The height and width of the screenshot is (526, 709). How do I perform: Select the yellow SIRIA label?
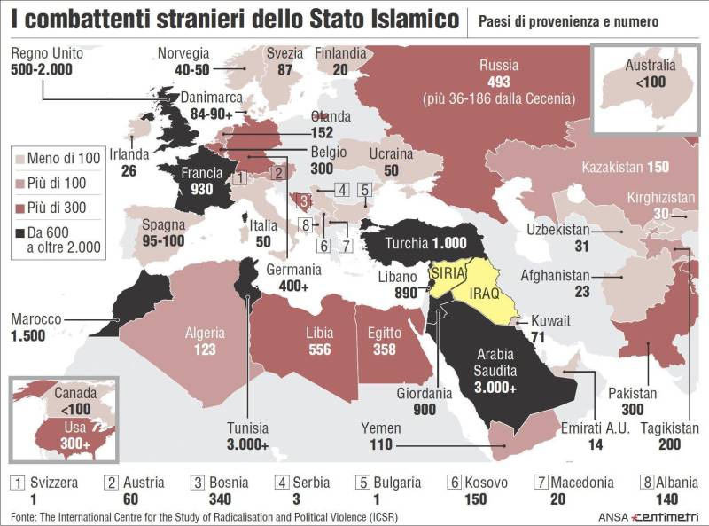pos(447,273)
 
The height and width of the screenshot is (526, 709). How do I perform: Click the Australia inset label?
pos(650,66)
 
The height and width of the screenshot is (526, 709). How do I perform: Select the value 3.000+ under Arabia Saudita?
pos(494,387)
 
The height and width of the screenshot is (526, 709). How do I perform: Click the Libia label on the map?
pos(318,334)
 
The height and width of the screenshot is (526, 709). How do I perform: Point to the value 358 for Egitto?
pos(384,349)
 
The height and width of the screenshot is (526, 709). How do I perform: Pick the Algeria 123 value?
pos(205,349)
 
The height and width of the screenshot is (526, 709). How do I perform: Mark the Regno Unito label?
pos(47,53)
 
